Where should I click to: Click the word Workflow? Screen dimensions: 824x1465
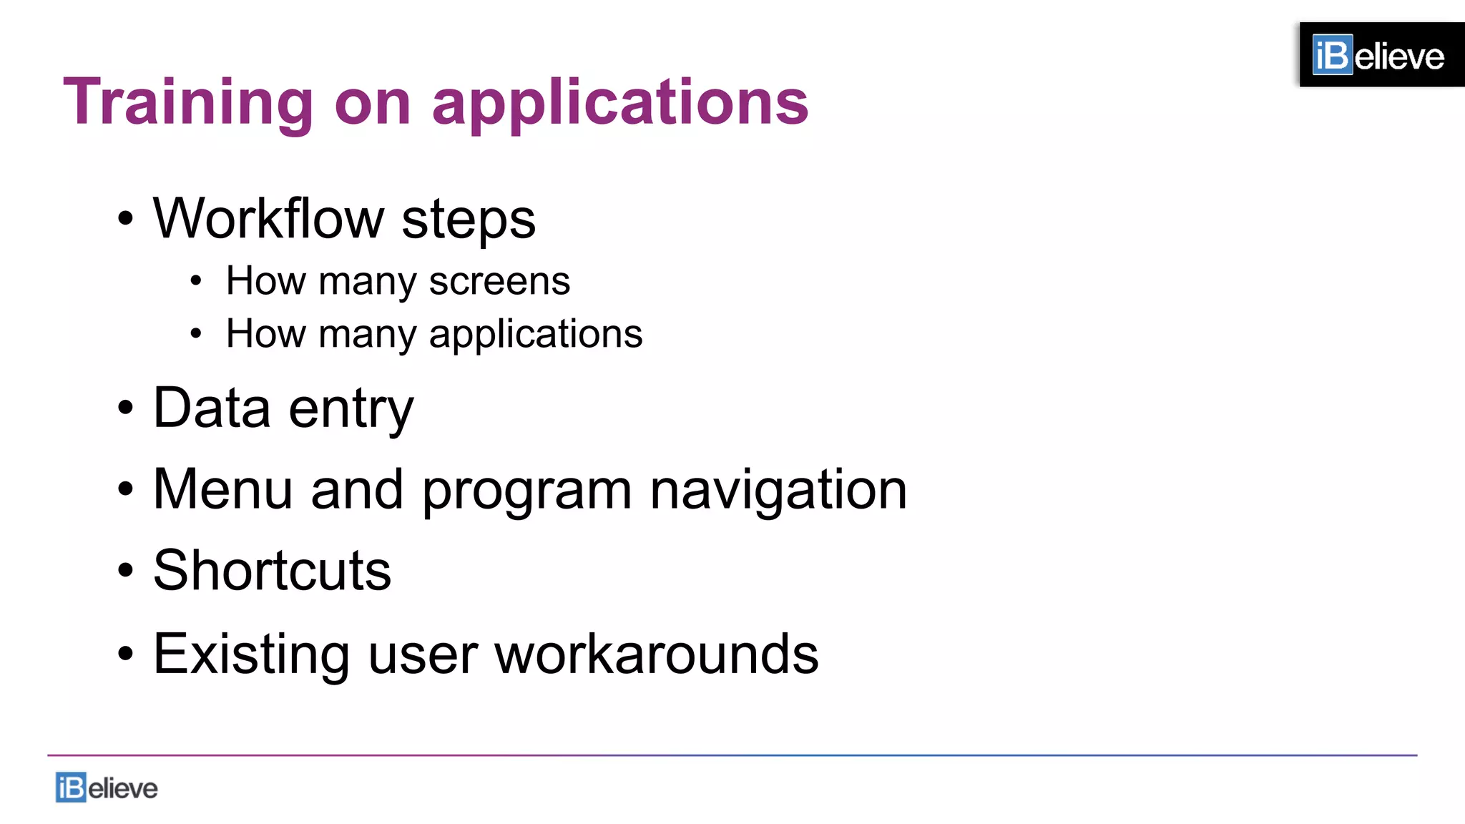tap(268, 218)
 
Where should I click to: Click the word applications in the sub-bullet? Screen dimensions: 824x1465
tap(535, 335)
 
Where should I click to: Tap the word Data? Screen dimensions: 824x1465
tap(212, 408)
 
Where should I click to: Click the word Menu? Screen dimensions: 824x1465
tap(222, 489)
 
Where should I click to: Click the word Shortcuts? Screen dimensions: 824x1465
tap(272, 571)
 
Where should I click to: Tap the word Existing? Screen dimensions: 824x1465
tap(251, 654)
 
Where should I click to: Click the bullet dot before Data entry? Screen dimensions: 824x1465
tap(126, 408)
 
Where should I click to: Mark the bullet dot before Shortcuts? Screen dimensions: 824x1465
tap(126, 571)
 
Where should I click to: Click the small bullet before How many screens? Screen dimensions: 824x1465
tap(196, 281)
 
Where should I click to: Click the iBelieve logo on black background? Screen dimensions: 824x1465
tap(1381, 55)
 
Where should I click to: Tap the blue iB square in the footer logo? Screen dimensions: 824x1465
tap(71, 788)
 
